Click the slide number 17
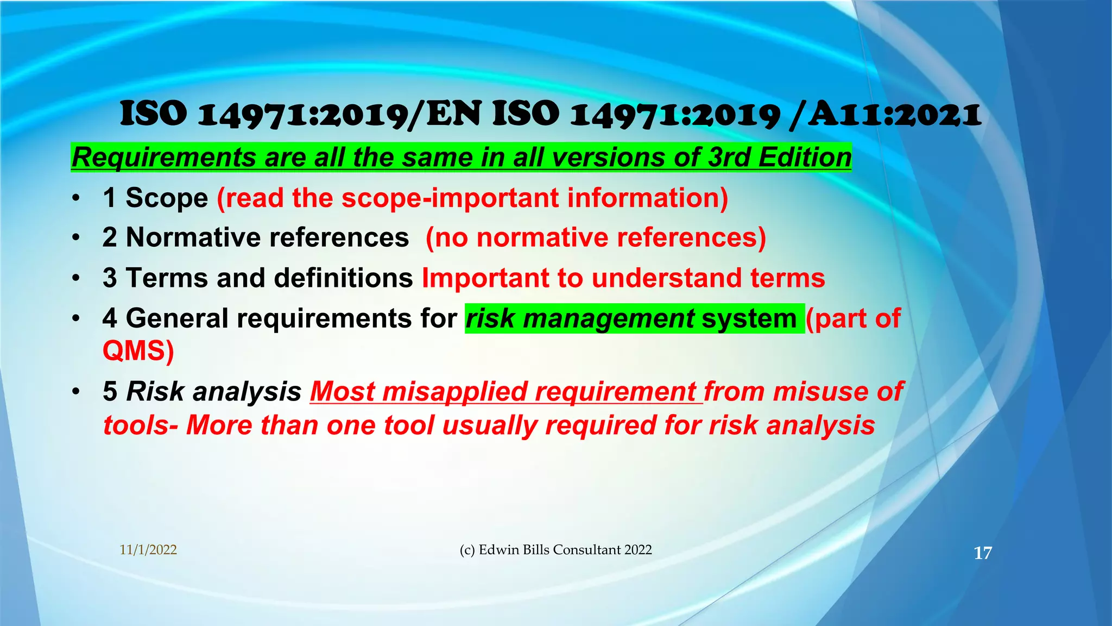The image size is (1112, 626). click(983, 553)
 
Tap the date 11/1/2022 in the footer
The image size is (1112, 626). click(148, 550)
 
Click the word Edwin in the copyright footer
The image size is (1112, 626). click(499, 550)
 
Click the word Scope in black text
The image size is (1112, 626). click(167, 198)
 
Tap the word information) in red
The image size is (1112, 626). click(647, 198)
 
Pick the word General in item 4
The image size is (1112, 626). click(176, 318)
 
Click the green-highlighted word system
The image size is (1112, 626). click(749, 318)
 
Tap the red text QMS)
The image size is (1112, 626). click(138, 351)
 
